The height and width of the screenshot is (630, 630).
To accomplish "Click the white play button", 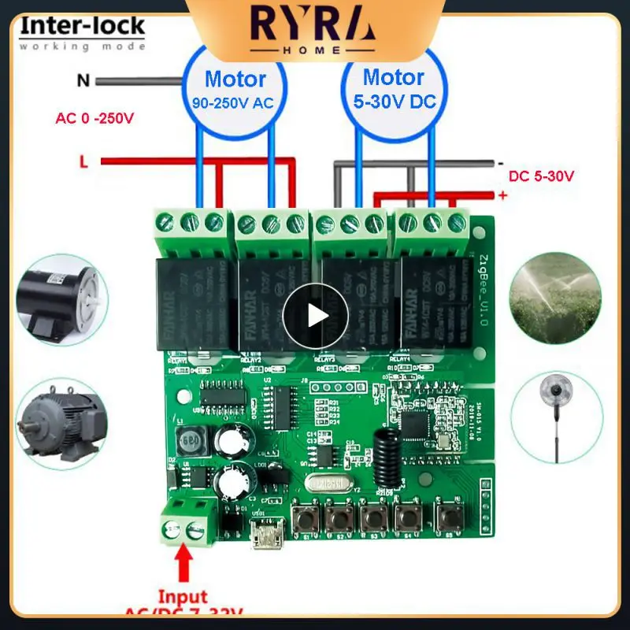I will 316,316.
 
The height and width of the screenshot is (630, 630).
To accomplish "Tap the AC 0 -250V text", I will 94,120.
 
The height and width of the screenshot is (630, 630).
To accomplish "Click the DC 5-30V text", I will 541,176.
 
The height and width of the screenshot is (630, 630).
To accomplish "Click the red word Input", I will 183,597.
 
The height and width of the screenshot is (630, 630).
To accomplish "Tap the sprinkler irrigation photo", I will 557,295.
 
